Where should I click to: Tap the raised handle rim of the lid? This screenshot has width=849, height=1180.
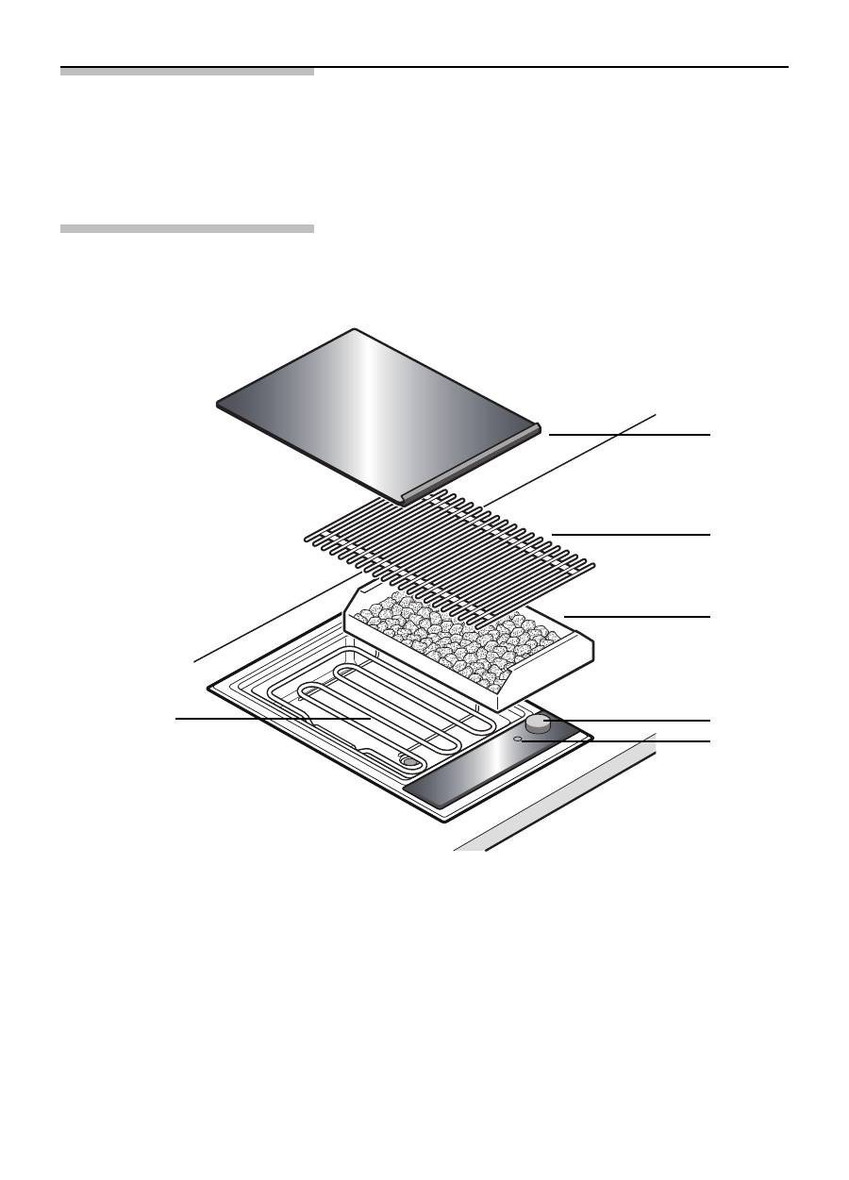(472, 462)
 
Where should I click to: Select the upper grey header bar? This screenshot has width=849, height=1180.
(187, 72)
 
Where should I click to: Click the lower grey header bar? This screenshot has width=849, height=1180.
(187, 228)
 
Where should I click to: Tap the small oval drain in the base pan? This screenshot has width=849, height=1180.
(408, 760)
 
